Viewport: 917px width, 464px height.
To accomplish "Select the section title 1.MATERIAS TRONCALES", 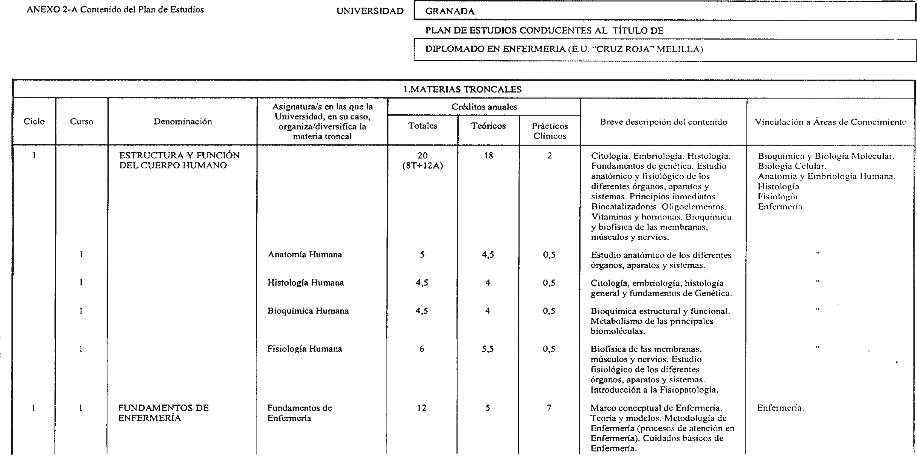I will (x=462, y=89).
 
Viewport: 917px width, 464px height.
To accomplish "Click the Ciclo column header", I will (x=34, y=121).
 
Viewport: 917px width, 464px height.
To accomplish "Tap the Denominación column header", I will (x=183, y=121).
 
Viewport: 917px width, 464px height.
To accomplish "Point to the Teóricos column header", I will (x=488, y=126).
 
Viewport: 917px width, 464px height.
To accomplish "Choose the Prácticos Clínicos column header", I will (x=550, y=131).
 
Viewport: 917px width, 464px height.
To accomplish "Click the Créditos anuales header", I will (x=484, y=107).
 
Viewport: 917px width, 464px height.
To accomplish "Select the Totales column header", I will (x=423, y=126).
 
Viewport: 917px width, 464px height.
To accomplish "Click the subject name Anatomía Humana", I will (x=305, y=254).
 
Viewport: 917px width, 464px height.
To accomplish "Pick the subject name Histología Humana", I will (x=306, y=283).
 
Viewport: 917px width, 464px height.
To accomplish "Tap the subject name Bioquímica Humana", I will (x=308, y=311).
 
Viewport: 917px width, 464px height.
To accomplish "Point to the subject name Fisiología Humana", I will (x=305, y=349).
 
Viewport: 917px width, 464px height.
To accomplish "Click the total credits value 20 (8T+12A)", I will (x=423, y=161).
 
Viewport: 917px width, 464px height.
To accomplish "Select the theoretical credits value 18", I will (x=488, y=155).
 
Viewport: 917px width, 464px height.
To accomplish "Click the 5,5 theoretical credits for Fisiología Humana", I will (x=488, y=349).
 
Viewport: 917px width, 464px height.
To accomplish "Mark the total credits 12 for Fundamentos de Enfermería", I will (x=422, y=408).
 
